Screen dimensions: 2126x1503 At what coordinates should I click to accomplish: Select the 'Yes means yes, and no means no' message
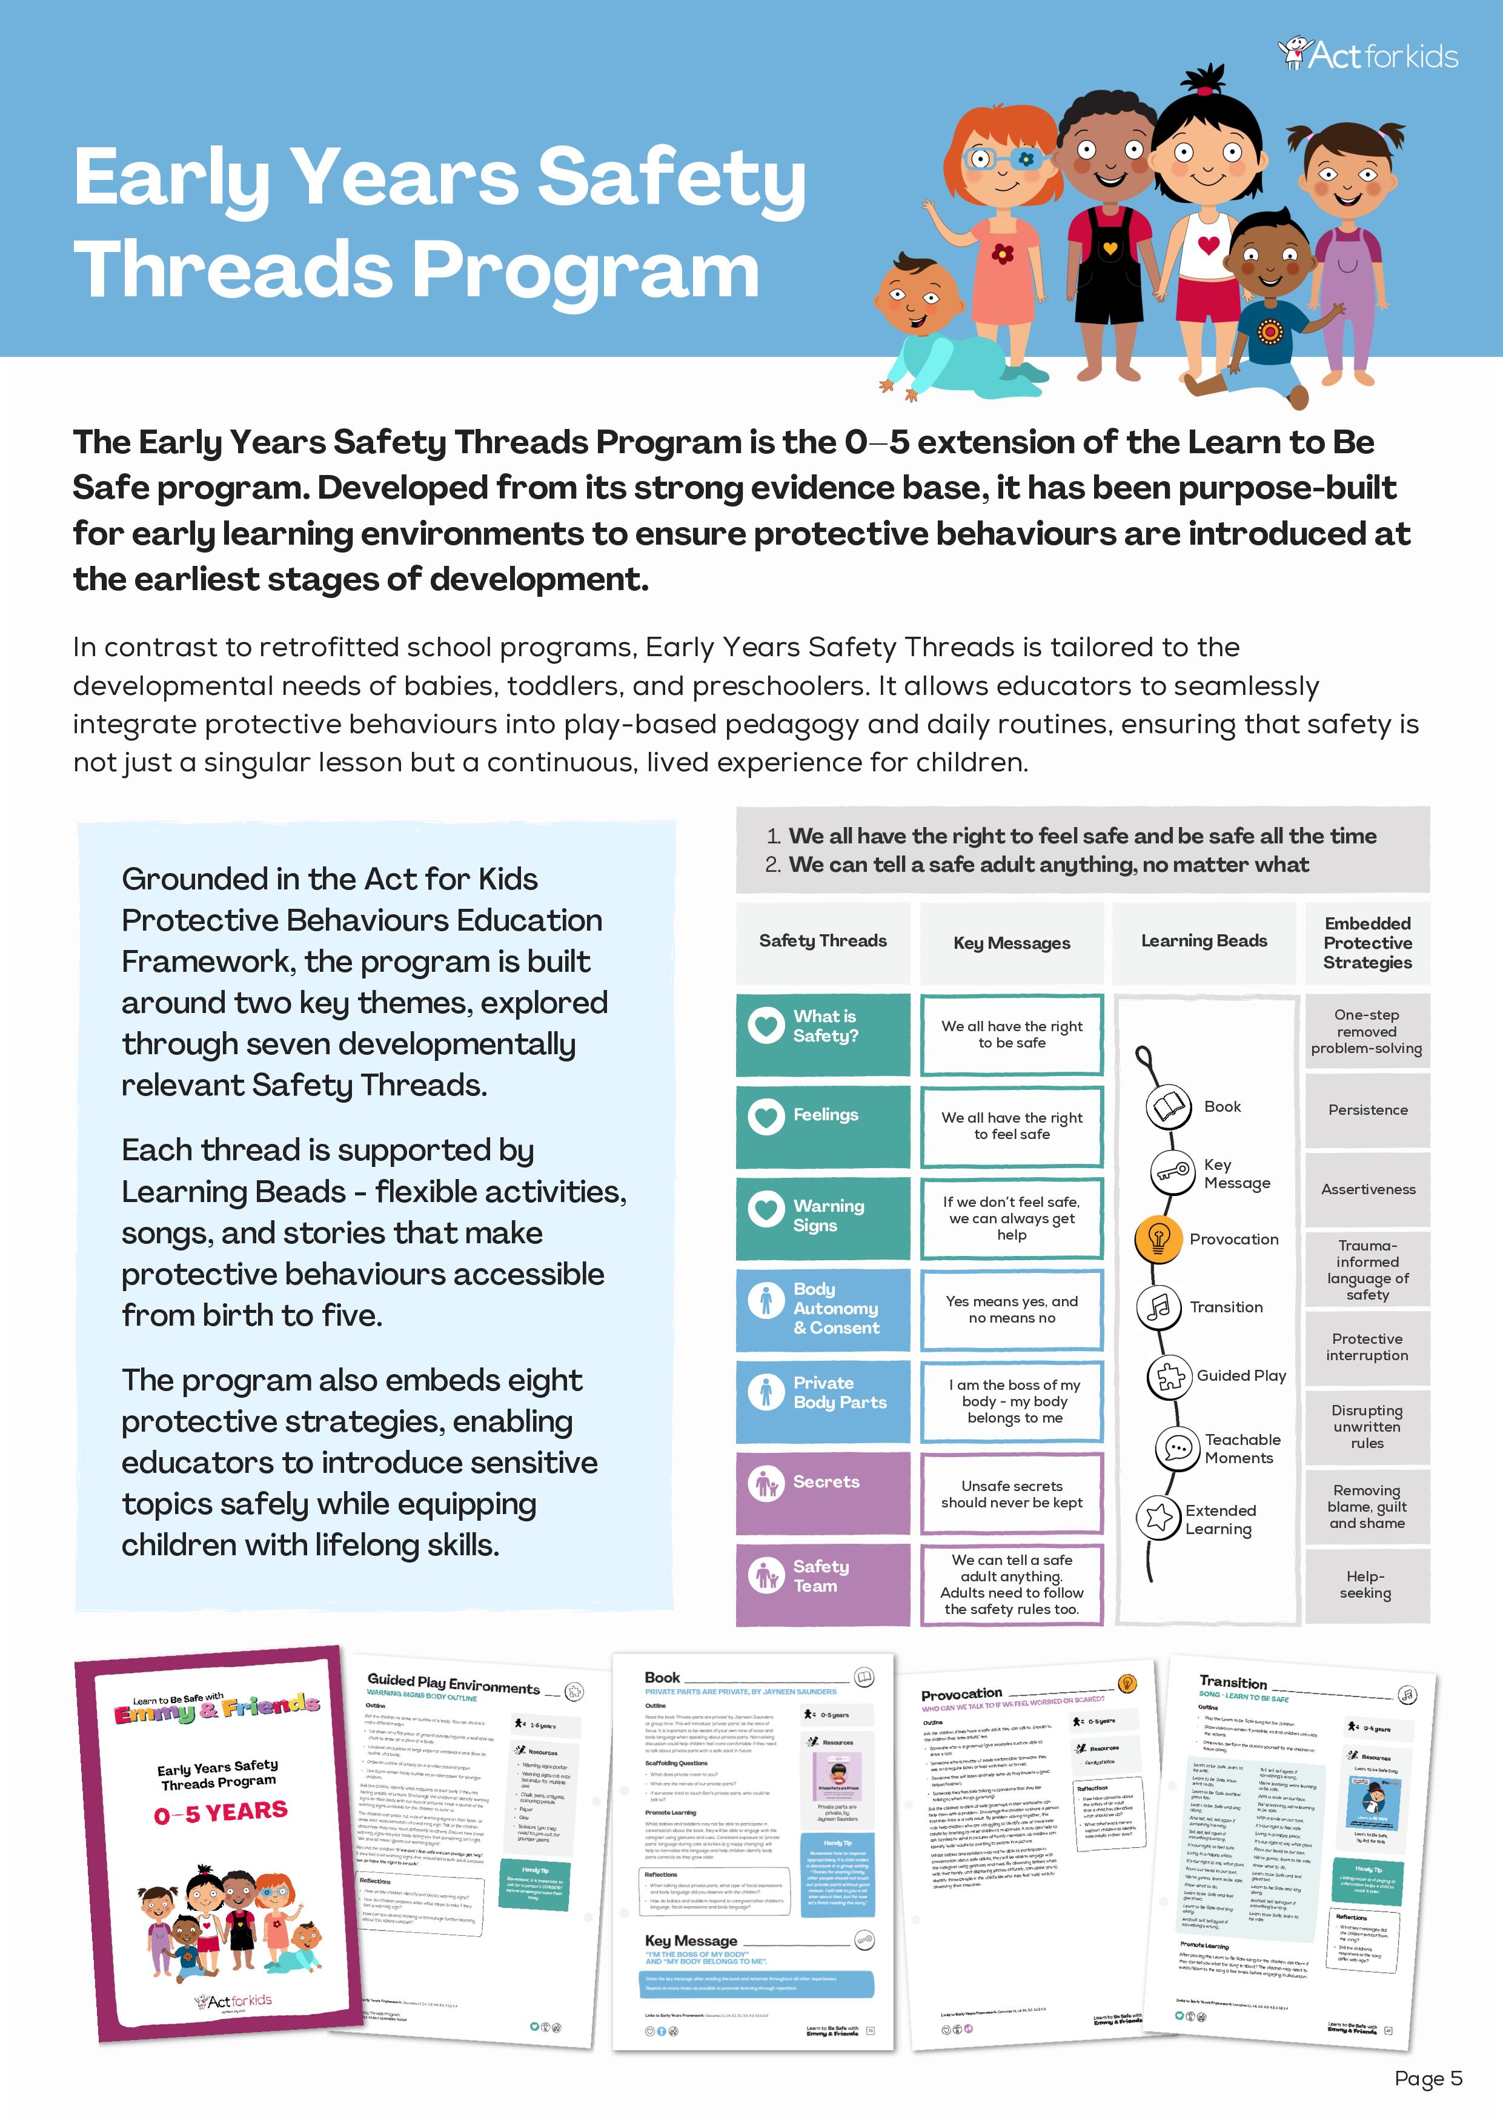tap(1011, 1309)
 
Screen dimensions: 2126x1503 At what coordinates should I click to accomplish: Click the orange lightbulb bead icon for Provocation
tap(1158, 1238)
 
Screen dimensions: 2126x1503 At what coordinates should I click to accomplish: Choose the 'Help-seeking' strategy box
tap(1366, 1584)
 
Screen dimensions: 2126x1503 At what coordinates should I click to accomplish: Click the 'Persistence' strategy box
tap(1367, 1109)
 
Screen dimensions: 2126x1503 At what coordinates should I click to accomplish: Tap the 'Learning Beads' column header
tap(1203, 941)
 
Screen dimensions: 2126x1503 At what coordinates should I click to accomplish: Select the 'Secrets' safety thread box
tap(822, 1483)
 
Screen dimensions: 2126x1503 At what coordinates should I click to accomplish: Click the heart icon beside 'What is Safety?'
tap(766, 1025)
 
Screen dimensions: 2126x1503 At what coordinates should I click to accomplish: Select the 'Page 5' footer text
tap(1427, 2079)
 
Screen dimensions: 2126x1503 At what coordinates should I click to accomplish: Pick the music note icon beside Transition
tap(1158, 1306)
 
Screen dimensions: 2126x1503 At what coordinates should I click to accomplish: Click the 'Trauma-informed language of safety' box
tap(1367, 1269)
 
